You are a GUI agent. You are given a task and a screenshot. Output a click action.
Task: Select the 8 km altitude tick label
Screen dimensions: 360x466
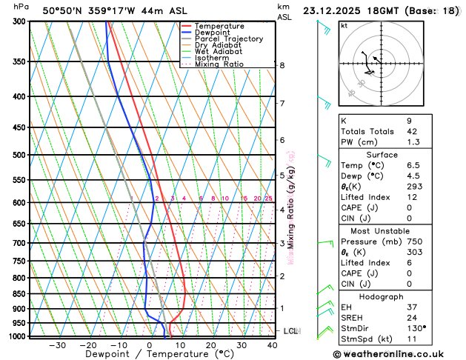tap(282, 65)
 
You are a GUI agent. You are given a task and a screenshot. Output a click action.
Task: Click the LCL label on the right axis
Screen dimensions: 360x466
tap(290, 330)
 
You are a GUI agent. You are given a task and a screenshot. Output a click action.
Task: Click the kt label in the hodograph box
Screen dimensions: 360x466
tap(344, 25)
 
